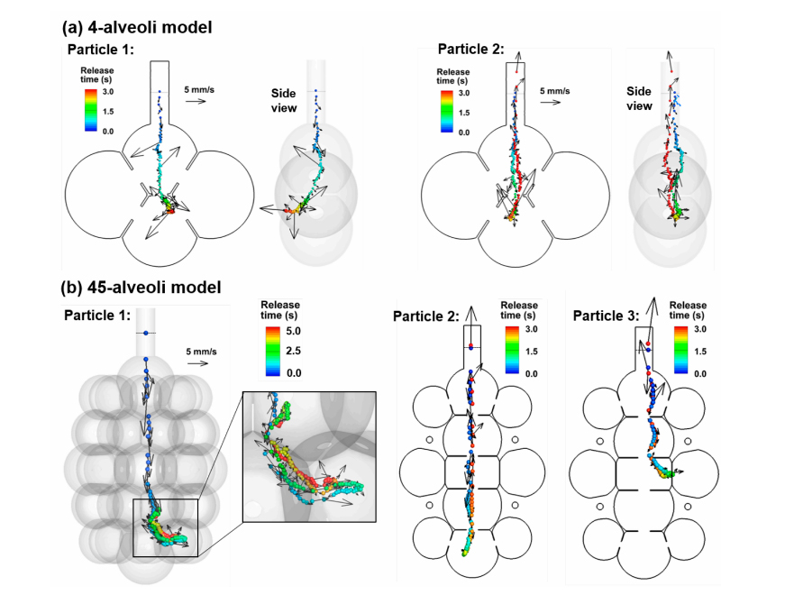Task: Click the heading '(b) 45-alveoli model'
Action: point(141,288)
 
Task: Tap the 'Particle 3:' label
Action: point(606,316)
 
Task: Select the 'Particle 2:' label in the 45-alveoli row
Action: point(426,316)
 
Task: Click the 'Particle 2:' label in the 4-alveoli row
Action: point(471,49)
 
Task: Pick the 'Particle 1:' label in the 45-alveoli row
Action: point(97,316)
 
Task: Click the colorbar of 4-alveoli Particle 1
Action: point(88,112)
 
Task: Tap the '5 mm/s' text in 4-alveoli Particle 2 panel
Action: point(555,91)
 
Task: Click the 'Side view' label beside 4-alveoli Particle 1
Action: point(284,100)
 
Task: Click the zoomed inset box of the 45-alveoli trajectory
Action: point(308,455)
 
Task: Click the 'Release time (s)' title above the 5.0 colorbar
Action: point(279,309)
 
